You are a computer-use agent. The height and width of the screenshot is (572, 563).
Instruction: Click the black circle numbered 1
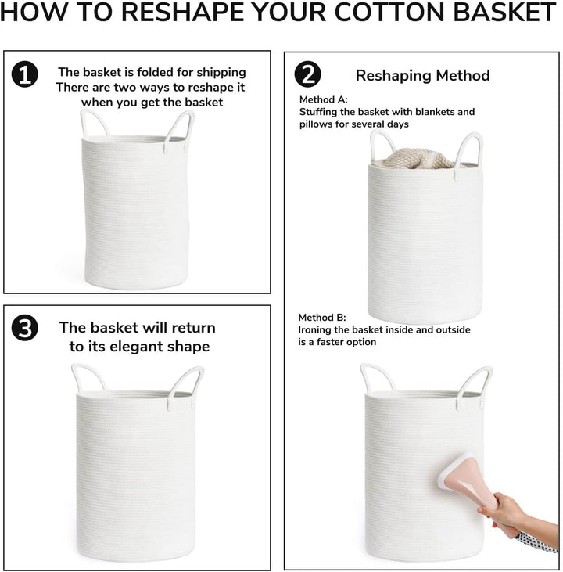(x=25, y=74)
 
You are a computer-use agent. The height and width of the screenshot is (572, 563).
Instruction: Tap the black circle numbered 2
(x=308, y=74)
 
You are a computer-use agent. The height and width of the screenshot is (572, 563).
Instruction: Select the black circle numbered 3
(x=25, y=329)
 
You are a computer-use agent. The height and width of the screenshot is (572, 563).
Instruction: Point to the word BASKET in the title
(x=505, y=12)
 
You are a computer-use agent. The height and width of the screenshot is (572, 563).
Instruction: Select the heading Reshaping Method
(x=422, y=76)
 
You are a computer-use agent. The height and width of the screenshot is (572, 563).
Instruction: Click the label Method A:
(x=324, y=99)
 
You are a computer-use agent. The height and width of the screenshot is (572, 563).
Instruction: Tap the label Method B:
(x=322, y=318)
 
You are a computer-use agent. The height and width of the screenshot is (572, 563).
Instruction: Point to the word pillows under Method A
(x=315, y=124)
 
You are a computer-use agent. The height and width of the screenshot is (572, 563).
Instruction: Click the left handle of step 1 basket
(x=94, y=122)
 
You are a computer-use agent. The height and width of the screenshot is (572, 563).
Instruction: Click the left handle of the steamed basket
(x=377, y=378)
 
